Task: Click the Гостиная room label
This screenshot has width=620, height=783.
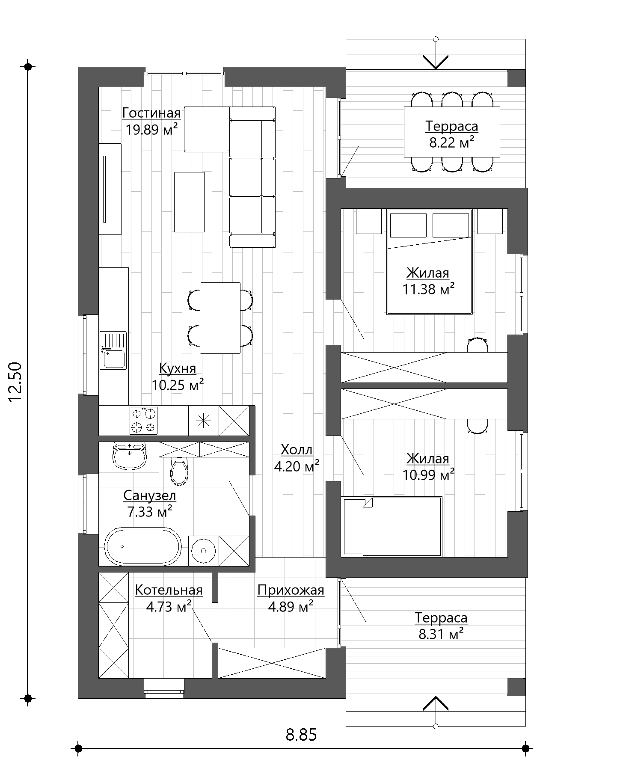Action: (151, 113)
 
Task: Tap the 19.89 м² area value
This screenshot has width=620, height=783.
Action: (151, 129)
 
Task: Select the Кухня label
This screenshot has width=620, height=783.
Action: (178, 368)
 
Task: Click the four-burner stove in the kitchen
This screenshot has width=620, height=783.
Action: (143, 421)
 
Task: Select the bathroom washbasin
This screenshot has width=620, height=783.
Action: (129, 456)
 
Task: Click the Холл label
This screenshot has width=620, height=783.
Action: (297, 450)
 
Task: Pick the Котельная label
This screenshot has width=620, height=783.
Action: (169, 590)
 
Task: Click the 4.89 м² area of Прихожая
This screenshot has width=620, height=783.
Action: (291, 606)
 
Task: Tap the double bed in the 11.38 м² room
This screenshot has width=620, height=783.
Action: (429, 262)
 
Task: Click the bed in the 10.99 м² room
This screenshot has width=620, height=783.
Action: (392, 527)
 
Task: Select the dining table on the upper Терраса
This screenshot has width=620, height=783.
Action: (452, 132)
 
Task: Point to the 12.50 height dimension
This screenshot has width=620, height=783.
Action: (15, 382)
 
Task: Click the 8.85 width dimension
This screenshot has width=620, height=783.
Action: (301, 735)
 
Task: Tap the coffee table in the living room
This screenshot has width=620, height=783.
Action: (189, 202)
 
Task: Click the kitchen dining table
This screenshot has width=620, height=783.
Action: (220, 318)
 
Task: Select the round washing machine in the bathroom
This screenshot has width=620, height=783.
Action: (203, 550)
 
